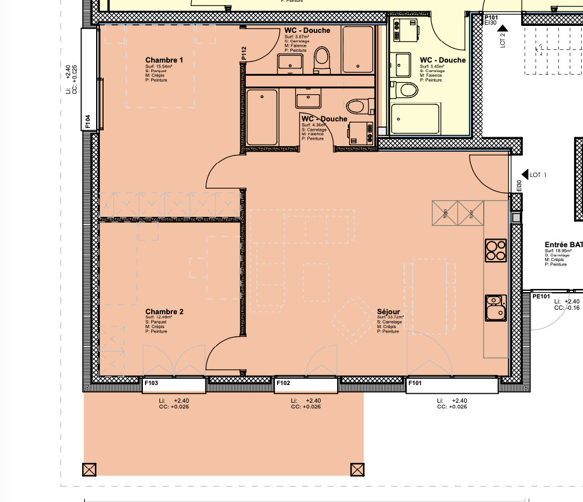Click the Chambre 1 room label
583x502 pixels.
click(164, 61)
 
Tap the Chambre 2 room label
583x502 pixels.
click(164, 312)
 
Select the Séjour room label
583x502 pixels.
click(388, 312)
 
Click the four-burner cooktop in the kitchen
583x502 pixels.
click(495, 250)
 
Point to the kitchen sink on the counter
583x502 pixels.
click(495, 308)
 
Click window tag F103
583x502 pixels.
click(151, 383)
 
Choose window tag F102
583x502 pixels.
click(283, 383)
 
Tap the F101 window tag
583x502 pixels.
click(415, 383)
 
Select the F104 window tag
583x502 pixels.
click(89, 121)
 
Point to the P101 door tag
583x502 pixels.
click(492, 18)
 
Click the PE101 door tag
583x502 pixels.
click(541, 295)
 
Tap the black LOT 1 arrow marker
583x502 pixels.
click(524, 174)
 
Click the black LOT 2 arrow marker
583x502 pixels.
click(502, 28)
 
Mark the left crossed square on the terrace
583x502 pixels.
click(90, 469)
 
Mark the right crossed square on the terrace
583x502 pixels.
click(357, 469)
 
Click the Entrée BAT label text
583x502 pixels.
click(563, 245)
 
